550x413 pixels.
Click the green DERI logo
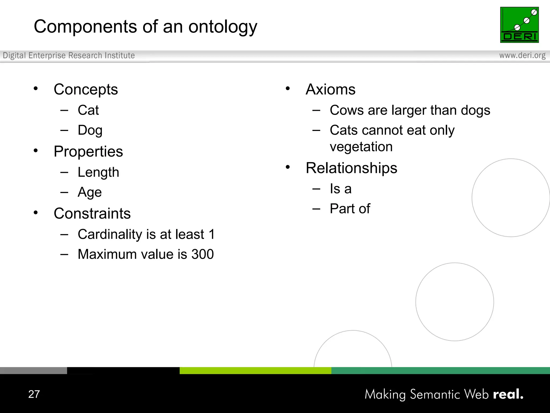[x=519, y=25]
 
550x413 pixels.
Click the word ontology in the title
[x=223, y=27]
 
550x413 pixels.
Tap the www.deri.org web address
[x=522, y=55]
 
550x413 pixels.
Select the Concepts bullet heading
[x=86, y=90]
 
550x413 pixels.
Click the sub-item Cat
[x=88, y=110]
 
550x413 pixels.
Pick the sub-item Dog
[x=90, y=130]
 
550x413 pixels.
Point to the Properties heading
[x=88, y=152]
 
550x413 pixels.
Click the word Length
[x=98, y=172]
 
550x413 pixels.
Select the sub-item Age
[x=90, y=193]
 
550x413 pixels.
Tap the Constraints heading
[x=92, y=213]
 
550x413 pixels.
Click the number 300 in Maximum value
[x=202, y=254]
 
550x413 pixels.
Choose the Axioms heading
[x=330, y=89]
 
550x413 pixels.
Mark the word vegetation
[x=361, y=147]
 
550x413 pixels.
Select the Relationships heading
[x=351, y=168]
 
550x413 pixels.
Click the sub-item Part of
[x=350, y=209]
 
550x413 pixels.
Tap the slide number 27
[x=34, y=394]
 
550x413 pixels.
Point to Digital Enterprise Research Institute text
[x=69, y=55]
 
